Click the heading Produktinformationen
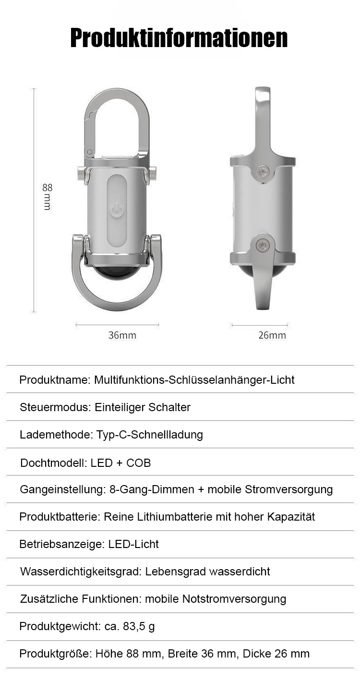tap(179, 38)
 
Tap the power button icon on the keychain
tap(117, 210)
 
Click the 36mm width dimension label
tap(122, 335)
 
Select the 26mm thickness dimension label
tap(272, 335)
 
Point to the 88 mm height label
tap(47, 197)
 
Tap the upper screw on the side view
tap(262, 171)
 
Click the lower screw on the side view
tap(262, 245)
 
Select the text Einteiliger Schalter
tap(143, 407)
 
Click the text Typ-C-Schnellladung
tap(150, 435)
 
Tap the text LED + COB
tap(120, 463)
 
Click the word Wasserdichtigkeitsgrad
tap(80, 572)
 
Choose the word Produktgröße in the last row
tap(55, 654)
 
